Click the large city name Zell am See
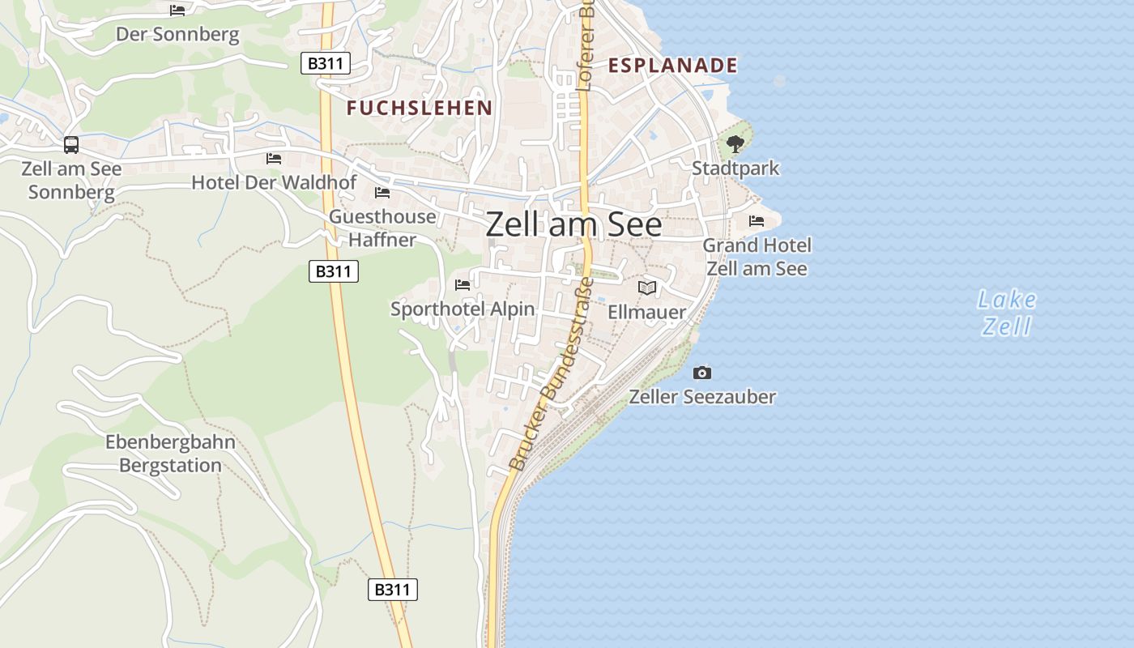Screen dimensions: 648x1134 point(573,224)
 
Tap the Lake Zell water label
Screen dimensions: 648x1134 point(1007,313)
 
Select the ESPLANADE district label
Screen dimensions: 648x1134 point(673,66)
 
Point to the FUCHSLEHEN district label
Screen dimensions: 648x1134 point(420,108)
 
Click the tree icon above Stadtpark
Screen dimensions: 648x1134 point(735,144)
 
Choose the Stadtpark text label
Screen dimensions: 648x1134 point(735,168)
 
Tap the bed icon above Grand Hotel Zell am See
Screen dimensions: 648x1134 point(757,220)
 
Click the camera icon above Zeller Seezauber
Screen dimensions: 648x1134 point(702,373)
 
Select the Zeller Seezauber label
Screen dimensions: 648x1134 point(702,397)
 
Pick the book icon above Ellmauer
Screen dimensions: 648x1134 point(646,288)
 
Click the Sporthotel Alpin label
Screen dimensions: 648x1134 point(463,309)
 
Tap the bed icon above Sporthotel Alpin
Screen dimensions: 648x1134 point(463,284)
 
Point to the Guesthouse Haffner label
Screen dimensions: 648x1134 point(382,228)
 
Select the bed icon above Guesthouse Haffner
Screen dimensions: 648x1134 point(382,193)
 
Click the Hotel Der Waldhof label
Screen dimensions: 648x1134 point(274,182)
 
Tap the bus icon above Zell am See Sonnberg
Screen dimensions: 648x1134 point(71,145)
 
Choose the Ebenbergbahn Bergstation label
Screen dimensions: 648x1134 point(170,454)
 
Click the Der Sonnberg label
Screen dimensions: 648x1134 point(177,35)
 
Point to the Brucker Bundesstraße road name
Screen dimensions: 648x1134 point(551,375)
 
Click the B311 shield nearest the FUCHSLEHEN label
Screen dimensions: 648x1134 point(326,63)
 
